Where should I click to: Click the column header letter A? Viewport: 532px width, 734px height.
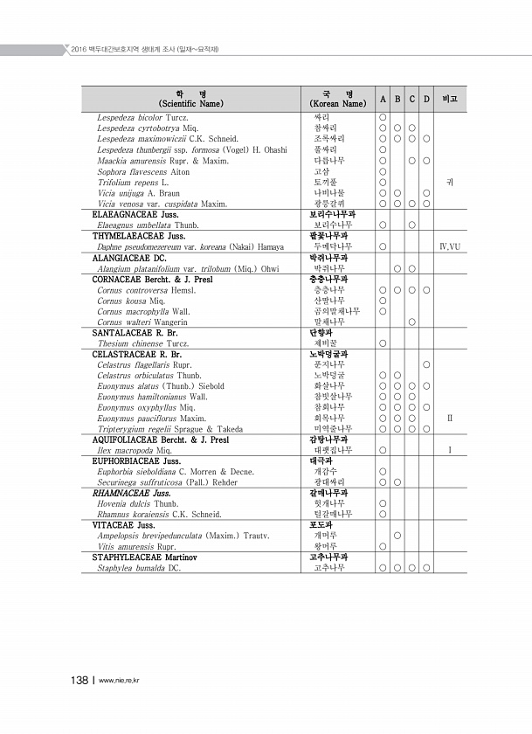(x=383, y=98)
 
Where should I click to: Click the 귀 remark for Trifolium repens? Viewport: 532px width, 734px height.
(x=450, y=182)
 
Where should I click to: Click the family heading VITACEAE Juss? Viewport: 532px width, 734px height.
(x=123, y=525)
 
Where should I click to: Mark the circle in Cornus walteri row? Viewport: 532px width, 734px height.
(x=411, y=322)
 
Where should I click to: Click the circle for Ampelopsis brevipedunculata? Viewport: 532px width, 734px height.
(x=397, y=536)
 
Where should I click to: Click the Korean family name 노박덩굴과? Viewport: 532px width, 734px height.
(x=332, y=354)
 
